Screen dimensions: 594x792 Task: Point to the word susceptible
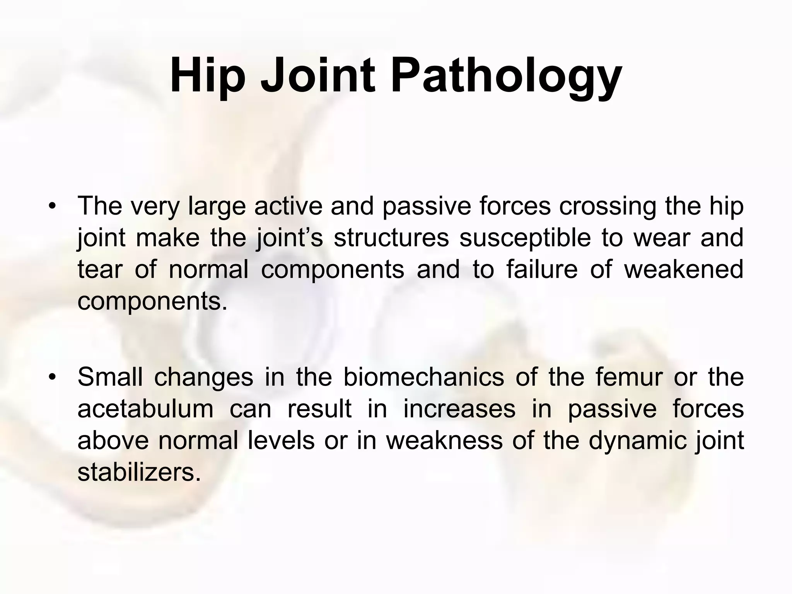coord(525,237)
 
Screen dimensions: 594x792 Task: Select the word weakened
coord(684,269)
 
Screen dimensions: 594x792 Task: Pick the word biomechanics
coord(423,377)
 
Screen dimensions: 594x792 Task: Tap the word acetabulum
coord(145,409)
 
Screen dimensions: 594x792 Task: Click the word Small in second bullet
coord(110,377)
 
